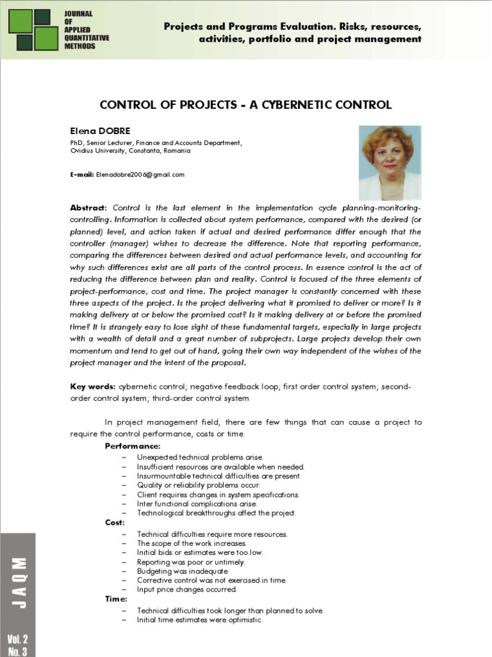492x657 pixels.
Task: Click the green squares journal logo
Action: (33, 30)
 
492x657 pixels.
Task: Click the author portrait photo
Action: (389, 163)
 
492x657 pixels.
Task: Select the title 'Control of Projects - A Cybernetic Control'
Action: (245, 105)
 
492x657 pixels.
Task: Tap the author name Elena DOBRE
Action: (100, 132)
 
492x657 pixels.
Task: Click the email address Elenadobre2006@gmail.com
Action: (140, 175)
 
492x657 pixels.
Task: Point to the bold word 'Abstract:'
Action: (89, 209)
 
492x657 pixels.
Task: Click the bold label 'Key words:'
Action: (92, 387)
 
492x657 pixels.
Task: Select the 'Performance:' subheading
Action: (133, 446)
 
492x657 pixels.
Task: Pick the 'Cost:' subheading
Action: (115, 522)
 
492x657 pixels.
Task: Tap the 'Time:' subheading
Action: (116, 599)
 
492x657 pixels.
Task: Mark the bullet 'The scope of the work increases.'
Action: (192, 543)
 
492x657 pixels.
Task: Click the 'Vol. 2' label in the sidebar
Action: (17, 639)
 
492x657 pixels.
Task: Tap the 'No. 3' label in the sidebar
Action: (17, 651)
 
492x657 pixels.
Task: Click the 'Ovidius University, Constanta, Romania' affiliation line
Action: (129, 151)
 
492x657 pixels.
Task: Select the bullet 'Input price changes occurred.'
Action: (186, 589)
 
